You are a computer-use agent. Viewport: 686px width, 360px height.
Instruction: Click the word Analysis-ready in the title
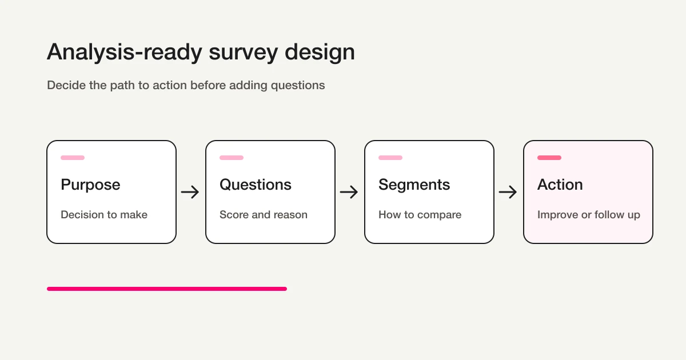click(125, 53)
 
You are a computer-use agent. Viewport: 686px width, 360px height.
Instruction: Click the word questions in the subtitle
click(298, 86)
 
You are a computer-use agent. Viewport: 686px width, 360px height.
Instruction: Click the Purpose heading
click(90, 185)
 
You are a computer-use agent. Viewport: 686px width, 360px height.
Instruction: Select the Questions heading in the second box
click(256, 185)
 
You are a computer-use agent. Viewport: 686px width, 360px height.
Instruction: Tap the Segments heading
click(414, 185)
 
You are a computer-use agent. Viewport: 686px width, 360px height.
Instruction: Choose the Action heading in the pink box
click(560, 185)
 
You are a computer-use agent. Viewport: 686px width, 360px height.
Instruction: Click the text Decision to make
click(104, 215)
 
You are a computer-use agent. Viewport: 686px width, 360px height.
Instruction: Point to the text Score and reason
click(264, 215)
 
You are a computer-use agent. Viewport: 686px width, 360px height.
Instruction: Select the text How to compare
click(420, 215)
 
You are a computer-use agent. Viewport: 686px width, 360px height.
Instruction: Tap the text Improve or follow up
click(588, 215)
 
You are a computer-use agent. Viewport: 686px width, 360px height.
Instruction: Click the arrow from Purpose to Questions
click(190, 192)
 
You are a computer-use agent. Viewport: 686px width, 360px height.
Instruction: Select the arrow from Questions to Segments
click(349, 192)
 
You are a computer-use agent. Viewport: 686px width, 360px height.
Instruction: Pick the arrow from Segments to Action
click(508, 192)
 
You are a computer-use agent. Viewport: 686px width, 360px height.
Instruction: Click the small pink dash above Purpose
click(73, 158)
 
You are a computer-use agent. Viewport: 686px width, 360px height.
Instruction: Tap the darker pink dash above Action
click(549, 158)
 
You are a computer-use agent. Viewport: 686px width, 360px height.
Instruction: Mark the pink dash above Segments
click(390, 158)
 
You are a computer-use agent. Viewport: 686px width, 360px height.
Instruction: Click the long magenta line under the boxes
click(166, 289)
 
